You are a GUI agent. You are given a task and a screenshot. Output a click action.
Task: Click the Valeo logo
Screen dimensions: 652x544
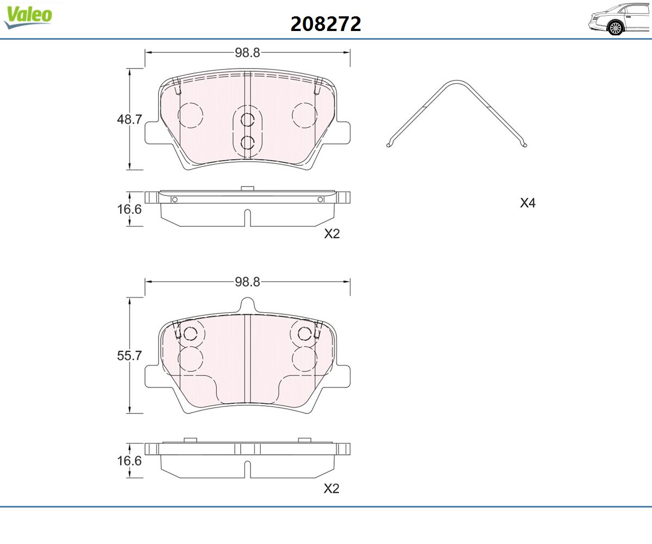pyautogui.click(x=28, y=17)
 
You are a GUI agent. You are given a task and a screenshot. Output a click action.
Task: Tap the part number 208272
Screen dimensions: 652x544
pyautogui.click(x=325, y=24)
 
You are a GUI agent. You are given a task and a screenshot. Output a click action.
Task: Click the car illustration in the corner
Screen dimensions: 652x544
pyautogui.click(x=619, y=20)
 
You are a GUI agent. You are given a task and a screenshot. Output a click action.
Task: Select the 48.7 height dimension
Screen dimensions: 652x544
pyautogui.click(x=129, y=119)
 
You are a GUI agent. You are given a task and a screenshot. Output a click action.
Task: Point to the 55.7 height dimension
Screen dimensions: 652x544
pyautogui.click(x=129, y=355)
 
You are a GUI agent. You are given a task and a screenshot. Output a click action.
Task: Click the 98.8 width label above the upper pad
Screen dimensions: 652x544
pyautogui.click(x=247, y=53)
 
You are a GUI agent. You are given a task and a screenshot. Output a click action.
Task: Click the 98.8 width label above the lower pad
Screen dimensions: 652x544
pyautogui.click(x=247, y=282)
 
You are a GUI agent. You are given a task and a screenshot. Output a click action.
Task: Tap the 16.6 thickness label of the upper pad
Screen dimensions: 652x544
pyautogui.click(x=129, y=209)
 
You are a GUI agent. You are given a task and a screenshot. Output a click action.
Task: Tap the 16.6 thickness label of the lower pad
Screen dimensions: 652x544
pyautogui.click(x=129, y=461)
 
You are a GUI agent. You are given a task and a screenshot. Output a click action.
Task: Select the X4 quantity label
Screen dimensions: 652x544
pyautogui.click(x=528, y=203)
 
